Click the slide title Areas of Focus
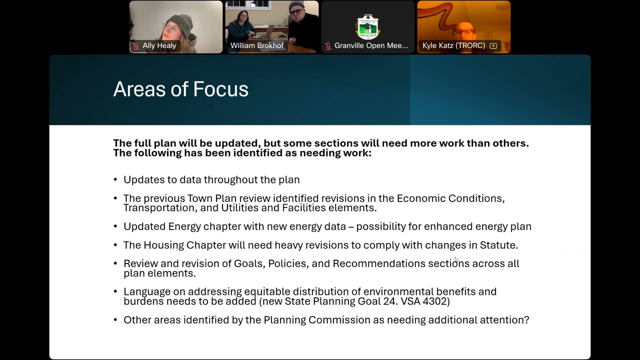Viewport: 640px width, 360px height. (180, 89)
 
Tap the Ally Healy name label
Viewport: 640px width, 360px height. (159, 45)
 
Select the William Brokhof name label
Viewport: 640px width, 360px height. (257, 45)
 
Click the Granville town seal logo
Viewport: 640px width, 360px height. (368, 27)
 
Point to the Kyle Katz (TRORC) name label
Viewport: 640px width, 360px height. (453, 45)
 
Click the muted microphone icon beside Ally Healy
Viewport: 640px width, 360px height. (136, 45)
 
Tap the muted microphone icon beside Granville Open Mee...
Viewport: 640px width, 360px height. (328, 45)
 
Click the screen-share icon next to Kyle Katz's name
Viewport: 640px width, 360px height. (493, 45)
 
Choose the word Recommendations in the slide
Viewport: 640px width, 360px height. (379, 263)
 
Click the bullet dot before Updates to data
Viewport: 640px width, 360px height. (115, 179)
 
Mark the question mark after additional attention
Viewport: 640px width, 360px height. (526, 319)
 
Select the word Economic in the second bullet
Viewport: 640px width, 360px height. (421, 198)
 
